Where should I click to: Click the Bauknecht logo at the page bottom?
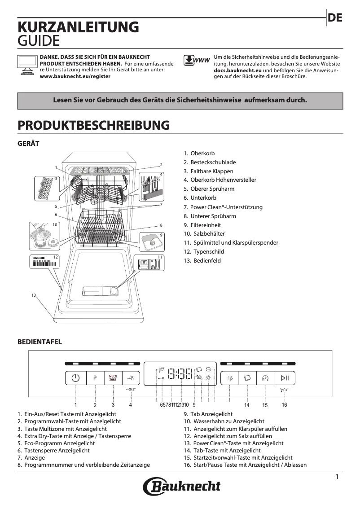tap(182, 486)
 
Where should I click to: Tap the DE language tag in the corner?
tap(335, 18)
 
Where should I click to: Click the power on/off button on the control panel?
tap(75, 378)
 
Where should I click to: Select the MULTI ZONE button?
tap(113, 378)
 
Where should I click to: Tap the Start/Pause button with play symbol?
tap(285, 378)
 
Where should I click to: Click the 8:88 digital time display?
tap(180, 374)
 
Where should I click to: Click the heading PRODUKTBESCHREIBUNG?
tap(93, 125)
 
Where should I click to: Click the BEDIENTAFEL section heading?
tap(40, 342)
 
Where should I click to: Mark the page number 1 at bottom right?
tap(337, 477)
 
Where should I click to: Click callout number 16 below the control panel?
tap(284, 404)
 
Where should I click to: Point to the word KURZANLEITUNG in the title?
tap(78, 27)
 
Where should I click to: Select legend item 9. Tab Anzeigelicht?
tap(208, 414)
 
